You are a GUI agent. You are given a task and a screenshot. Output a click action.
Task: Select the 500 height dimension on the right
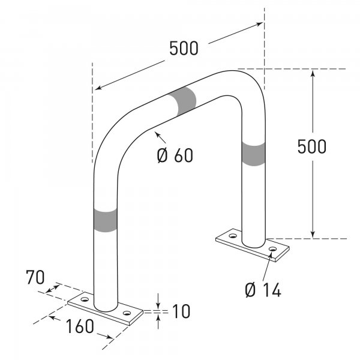click(312, 146)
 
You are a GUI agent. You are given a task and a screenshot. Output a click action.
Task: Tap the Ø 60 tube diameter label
click(175, 155)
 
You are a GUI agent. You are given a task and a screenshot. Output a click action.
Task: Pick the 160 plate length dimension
click(80, 326)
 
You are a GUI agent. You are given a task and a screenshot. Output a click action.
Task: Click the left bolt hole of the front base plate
click(85, 298)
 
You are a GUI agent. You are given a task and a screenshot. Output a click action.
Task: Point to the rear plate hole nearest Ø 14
click(272, 248)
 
